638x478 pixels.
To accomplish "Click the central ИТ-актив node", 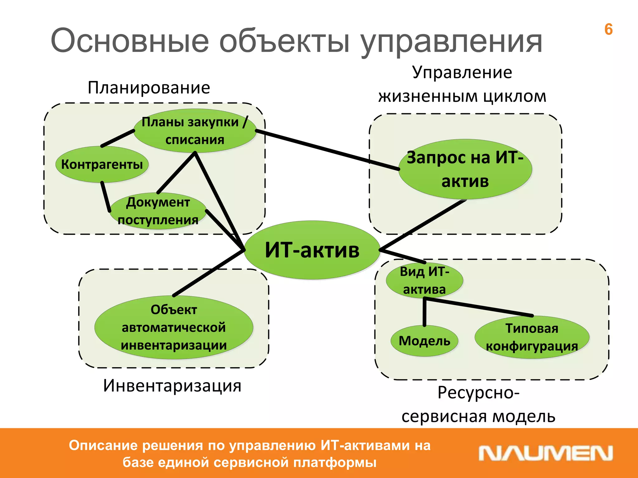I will point(312,250).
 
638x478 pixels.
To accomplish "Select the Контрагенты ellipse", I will point(102,164).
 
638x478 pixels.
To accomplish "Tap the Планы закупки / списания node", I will point(195,131).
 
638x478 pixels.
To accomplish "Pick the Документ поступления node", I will point(158,211).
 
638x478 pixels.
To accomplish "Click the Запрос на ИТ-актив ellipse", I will point(465,169).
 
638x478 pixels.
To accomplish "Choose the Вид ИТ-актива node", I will point(424,280).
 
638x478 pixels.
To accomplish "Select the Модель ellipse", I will point(424,341).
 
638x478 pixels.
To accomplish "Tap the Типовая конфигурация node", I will point(532,337).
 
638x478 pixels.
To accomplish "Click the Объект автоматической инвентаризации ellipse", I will point(174,327).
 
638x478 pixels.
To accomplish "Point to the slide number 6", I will point(608,30).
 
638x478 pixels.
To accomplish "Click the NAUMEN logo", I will point(545,453).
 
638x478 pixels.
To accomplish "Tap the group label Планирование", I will point(149,88).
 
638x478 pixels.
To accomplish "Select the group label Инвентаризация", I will point(172,386).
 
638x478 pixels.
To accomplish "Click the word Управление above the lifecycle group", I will point(462,73).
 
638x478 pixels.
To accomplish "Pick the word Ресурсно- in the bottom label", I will point(478,393).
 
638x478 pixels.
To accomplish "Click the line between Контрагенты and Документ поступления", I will point(106,197).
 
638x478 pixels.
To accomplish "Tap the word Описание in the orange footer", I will point(103,445).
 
